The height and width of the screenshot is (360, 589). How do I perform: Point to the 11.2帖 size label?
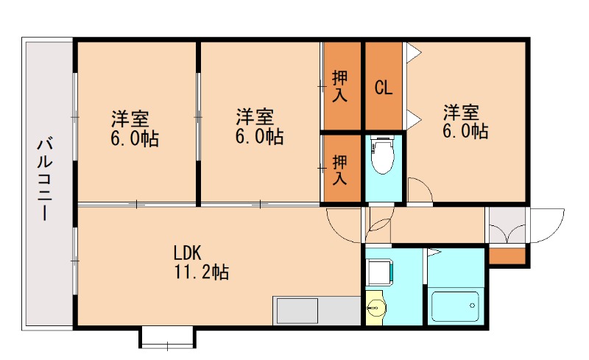201,272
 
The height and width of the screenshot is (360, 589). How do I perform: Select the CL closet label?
384,88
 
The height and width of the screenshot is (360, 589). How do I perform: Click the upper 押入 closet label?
340,85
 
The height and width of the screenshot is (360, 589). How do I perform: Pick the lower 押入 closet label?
340,169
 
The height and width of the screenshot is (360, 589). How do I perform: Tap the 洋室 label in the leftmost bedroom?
130,118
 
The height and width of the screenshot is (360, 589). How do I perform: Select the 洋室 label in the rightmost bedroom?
461,113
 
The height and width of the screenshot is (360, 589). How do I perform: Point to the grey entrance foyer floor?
507,225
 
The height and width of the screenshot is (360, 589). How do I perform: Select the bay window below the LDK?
167,338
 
